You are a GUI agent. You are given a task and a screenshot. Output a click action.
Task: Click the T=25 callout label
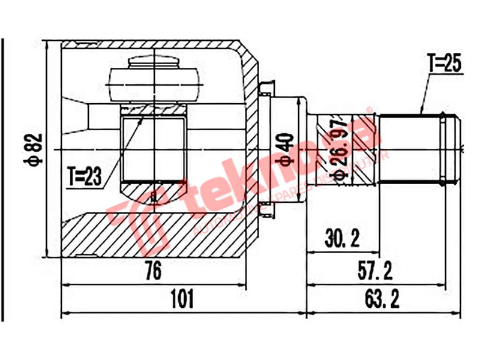click(x=445, y=64)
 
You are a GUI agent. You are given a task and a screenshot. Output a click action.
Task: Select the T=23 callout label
click(x=85, y=176)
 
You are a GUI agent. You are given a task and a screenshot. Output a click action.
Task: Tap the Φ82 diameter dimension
click(x=35, y=149)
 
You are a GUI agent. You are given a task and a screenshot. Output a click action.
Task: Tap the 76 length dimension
click(x=154, y=271)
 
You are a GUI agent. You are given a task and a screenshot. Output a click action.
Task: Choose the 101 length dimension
click(x=183, y=298)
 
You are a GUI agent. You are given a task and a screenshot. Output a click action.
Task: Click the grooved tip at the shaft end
click(x=451, y=147)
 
